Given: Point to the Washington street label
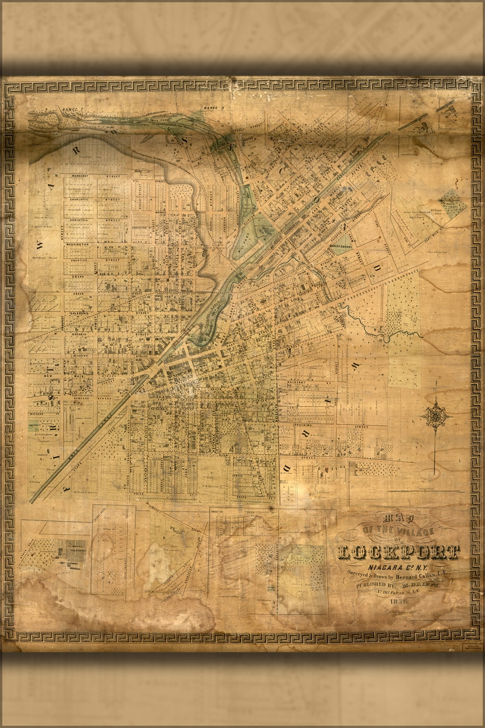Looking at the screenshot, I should pyautogui.click(x=78, y=244).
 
